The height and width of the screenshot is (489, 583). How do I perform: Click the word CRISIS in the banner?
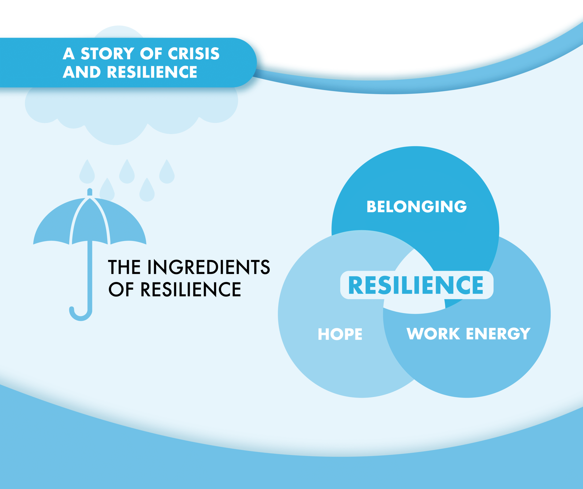click(194, 53)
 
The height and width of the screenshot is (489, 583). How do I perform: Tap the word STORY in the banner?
click(107, 53)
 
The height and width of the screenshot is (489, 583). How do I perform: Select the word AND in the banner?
click(82, 72)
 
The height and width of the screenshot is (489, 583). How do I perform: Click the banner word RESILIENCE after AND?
click(152, 72)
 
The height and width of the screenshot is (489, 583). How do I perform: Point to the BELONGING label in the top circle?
click(417, 207)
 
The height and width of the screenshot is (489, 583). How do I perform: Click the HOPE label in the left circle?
click(340, 334)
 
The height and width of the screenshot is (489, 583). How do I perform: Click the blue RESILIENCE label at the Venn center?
click(416, 285)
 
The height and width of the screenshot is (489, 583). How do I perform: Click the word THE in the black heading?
click(124, 267)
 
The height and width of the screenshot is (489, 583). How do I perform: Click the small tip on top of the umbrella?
click(90, 192)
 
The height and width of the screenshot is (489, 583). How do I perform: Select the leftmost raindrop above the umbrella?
click(87, 174)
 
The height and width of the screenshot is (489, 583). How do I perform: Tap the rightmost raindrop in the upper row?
click(166, 174)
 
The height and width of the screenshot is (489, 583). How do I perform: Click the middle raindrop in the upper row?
click(127, 174)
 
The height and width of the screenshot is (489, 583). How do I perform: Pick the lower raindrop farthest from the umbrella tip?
click(147, 192)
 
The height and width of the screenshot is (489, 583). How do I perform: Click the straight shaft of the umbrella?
click(90, 275)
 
